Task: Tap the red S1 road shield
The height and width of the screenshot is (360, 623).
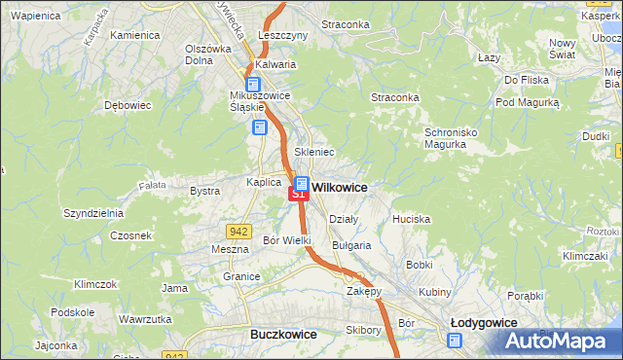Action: tap(298, 195)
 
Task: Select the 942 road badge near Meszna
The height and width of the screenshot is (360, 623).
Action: tap(238, 231)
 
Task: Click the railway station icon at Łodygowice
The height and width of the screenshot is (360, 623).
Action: tap(455, 340)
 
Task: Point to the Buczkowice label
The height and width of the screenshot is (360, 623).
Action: tap(283, 334)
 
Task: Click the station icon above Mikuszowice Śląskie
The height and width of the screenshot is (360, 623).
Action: tap(252, 85)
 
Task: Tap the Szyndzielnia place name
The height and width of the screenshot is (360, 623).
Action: tap(92, 212)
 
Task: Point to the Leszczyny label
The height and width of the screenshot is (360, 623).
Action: tap(282, 34)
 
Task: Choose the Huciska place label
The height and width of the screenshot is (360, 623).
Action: tap(411, 219)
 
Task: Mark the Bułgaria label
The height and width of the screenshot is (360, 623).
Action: tap(351, 245)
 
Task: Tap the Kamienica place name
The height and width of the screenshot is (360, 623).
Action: tap(134, 35)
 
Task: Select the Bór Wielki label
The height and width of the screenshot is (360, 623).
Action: tap(287, 239)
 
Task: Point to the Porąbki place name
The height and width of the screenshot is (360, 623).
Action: tap(525, 295)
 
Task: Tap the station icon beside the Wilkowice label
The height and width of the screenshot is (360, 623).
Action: tap(301, 183)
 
